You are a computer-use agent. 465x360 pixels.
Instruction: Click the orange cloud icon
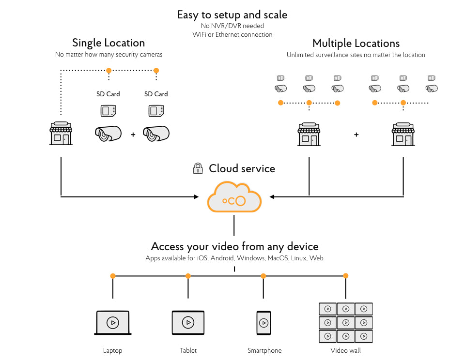click(x=234, y=196)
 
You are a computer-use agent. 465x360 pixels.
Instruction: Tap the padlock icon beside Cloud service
click(x=198, y=168)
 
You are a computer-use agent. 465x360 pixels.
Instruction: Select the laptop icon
click(x=113, y=322)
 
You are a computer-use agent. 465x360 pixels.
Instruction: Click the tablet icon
click(x=188, y=322)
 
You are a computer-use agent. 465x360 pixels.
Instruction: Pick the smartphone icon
click(x=263, y=323)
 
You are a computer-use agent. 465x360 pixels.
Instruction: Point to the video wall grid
click(x=345, y=323)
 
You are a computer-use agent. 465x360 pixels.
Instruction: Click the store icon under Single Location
click(x=61, y=134)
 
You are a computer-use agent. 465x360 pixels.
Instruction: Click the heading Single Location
click(x=108, y=43)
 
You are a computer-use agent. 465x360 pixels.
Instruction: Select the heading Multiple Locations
click(x=356, y=43)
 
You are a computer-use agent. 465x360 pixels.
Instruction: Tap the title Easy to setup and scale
click(x=232, y=15)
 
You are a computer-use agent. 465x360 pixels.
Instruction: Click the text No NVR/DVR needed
click(x=232, y=26)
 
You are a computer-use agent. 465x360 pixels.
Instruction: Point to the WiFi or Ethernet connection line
click(x=232, y=34)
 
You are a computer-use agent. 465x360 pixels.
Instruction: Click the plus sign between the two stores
click(x=356, y=135)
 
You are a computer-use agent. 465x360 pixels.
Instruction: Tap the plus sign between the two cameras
click(x=133, y=135)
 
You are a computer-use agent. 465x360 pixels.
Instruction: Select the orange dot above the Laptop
click(x=113, y=276)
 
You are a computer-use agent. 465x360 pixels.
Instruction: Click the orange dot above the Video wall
click(x=346, y=276)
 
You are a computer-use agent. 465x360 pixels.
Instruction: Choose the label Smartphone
click(x=264, y=350)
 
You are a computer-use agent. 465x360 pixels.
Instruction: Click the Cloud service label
click(x=242, y=168)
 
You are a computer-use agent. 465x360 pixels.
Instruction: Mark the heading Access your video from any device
click(x=234, y=246)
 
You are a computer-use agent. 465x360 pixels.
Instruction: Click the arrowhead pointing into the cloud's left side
click(x=196, y=196)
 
